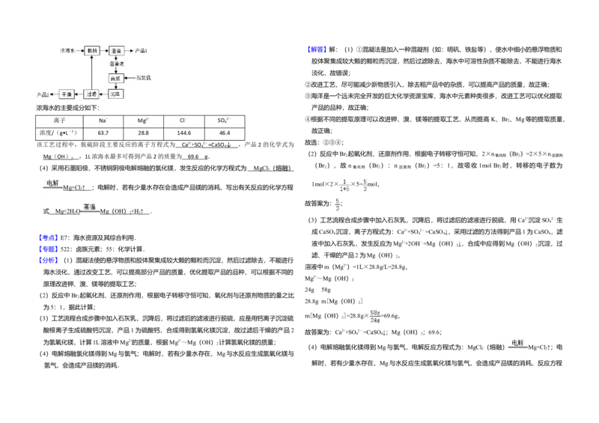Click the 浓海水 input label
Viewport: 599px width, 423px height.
[67, 50]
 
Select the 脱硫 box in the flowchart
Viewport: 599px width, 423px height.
[92, 50]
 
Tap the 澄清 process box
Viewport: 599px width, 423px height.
[116, 51]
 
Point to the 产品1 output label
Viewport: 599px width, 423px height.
[141, 50]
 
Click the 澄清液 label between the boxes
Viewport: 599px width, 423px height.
[116, 64]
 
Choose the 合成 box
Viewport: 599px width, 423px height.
[115, 78]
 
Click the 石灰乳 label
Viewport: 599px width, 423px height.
[144, 78]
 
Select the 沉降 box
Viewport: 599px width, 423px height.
[115, 94]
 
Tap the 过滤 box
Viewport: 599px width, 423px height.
[91, 94]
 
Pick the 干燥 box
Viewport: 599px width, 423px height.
[67, 94]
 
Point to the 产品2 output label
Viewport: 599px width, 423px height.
[43, 94]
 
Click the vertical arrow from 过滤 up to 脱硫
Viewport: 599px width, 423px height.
[91, 72]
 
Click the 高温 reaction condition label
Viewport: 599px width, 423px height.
[89, 207]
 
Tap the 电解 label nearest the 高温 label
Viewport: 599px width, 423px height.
[52, 183]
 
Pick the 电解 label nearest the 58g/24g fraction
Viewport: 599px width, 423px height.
[517, 344]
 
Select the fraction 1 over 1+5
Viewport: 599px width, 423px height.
[344, 186]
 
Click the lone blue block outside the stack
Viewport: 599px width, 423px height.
[317, 49]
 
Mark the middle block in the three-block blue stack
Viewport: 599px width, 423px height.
[49, 249]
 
